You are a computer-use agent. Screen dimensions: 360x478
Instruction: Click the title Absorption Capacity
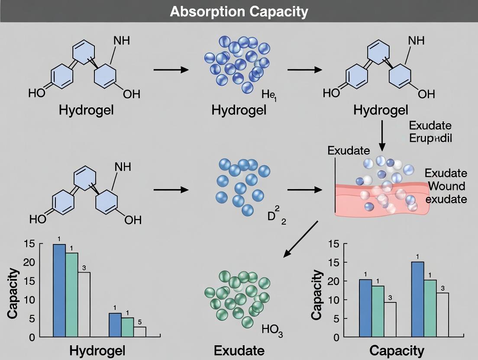[239, 12]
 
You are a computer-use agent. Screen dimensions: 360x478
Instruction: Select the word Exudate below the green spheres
[239, 350]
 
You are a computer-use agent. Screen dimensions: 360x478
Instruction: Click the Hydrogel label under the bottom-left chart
[97, 350]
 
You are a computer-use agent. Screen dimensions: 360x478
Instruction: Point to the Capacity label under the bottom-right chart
[396, 350]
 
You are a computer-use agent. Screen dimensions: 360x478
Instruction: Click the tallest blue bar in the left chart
[59, 290]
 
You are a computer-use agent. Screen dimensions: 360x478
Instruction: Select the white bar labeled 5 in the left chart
[140, 332]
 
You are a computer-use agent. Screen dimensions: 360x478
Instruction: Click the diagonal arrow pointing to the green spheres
[300, 239]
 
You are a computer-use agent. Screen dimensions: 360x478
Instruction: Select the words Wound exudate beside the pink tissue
[446, 193]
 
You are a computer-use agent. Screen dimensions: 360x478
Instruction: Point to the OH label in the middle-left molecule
[133, 220]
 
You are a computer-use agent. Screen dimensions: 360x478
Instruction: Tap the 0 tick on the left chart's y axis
[32, 337]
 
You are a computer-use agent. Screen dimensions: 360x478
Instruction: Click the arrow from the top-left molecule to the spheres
[171, 70]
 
